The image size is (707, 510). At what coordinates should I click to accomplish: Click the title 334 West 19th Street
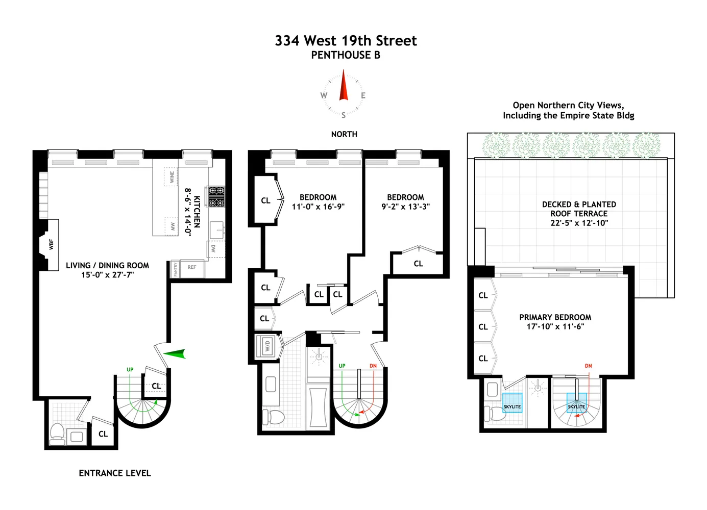(346, 41)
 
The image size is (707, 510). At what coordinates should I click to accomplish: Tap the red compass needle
(344, 87)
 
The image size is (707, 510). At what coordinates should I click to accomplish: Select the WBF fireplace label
(51, 244)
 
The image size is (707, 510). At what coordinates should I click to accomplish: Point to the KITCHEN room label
(197, 212)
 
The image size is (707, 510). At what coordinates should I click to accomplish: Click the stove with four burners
(216, 196)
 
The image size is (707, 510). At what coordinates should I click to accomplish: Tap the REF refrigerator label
(192, 267)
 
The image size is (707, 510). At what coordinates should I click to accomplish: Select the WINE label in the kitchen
(172, 177)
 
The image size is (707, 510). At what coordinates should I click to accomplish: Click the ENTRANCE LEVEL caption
(115, 473)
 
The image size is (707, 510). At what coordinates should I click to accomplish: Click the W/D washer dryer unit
(266, 346)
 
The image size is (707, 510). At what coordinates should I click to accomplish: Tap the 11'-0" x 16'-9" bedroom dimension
(318, 207)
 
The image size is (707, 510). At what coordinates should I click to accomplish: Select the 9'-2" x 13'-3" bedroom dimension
(405, 207)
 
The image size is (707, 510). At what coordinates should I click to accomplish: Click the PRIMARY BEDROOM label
(555, 317)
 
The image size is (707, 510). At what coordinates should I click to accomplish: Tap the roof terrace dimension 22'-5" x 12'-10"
(579, 223)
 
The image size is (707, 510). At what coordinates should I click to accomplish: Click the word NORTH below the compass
(344, 134)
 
